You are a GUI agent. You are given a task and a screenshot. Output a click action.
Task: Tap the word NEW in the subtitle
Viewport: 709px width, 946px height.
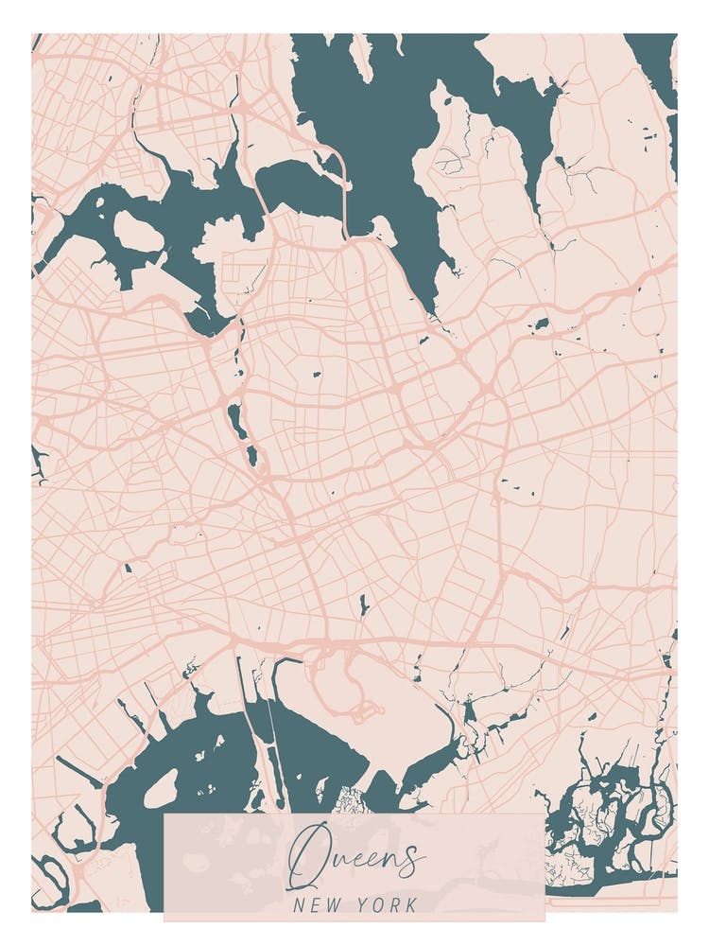(316, 905)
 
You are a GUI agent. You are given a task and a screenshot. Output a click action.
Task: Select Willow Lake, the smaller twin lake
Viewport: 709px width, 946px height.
(251, 457)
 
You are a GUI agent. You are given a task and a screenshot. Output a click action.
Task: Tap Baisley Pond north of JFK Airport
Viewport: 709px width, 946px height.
(364, 604)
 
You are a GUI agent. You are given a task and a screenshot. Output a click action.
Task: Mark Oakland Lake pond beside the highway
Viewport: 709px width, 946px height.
(542, 324)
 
